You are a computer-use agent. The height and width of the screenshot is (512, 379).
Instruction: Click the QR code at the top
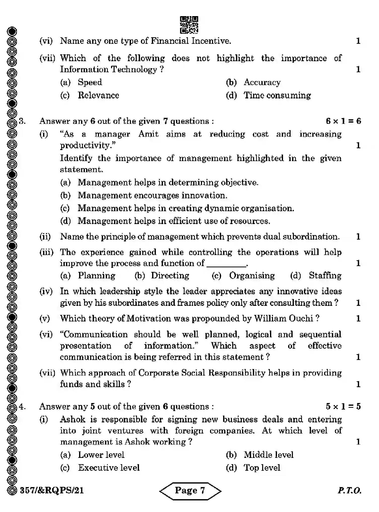189,25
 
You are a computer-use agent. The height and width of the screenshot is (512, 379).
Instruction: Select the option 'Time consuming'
277,95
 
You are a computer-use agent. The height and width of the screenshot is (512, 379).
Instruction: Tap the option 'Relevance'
98,95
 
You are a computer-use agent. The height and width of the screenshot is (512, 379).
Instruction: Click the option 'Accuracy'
262,82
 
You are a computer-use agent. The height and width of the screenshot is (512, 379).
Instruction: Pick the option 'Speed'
90,82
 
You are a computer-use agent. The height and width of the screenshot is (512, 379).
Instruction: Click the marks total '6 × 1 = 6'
343,121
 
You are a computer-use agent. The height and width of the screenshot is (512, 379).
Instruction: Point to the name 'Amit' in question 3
148,134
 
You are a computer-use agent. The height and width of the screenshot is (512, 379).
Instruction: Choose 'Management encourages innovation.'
152,195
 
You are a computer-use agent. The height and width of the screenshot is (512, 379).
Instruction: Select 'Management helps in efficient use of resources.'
174,221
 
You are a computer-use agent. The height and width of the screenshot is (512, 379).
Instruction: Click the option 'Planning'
96,276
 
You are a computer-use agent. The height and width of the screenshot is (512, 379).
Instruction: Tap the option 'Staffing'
325,276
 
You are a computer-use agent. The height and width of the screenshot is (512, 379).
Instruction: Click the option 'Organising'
252,276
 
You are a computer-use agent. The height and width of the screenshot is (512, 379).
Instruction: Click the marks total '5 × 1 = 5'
343,407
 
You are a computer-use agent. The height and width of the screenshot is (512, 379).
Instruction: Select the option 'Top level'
262,468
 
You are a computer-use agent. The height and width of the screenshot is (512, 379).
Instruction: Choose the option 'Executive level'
109,468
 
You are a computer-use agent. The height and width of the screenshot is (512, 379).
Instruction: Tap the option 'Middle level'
268,455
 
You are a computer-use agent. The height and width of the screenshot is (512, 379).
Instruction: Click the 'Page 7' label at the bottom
190,490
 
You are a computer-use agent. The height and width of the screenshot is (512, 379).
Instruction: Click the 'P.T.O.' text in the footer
349,490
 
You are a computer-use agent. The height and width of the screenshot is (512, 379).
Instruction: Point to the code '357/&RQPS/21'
52,490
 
